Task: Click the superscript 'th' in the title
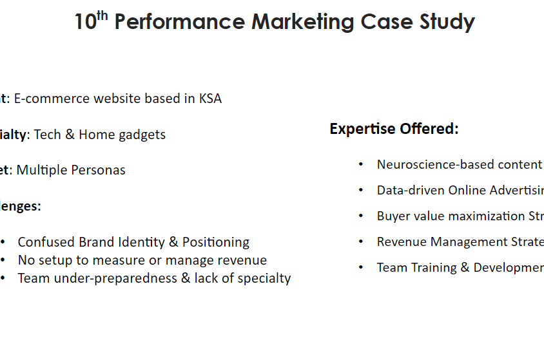click(x=102, y=16)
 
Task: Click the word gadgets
click(x=143, y=135)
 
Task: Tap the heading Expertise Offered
click(x=394, y=129)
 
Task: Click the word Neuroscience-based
click(x=435, y=164)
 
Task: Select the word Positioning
click(x=216, y=242)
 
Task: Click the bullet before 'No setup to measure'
click(x=4, y=260)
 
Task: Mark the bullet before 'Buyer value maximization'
click(x=361, y=216)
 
